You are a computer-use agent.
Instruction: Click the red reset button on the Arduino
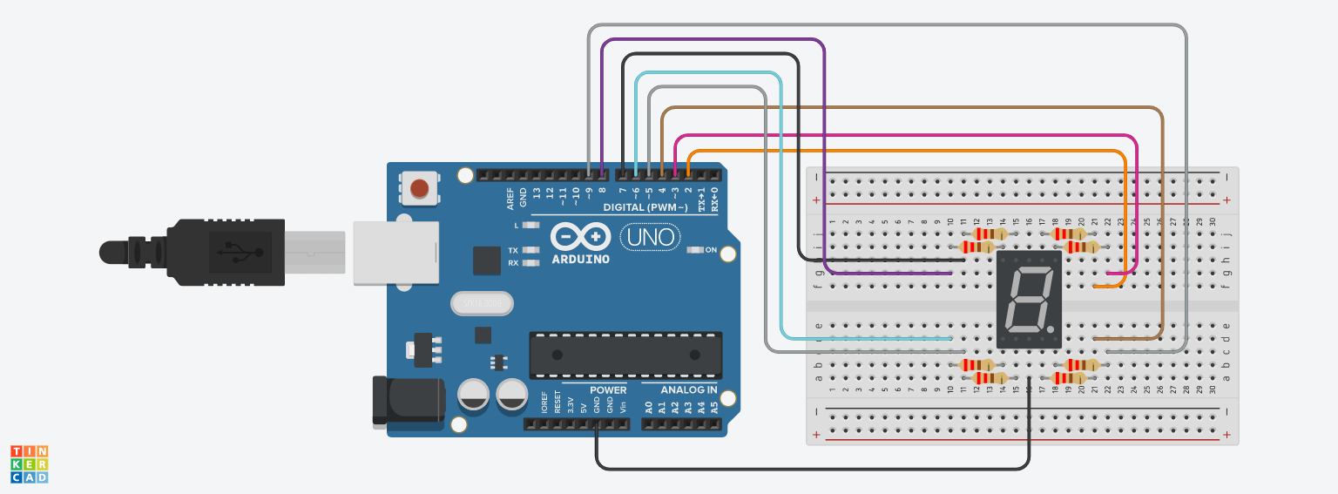(420, 187)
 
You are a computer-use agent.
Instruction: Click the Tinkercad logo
(29, 464)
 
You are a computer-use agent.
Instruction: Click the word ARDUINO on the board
(581, 259)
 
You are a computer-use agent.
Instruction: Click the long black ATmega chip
(625, 355)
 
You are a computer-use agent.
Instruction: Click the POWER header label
(607, 390)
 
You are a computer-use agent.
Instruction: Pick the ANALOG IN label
(688, 390)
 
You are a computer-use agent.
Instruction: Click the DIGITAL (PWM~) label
(645, 207)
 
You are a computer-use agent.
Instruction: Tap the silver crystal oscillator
(482, 303)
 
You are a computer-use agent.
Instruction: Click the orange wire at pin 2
(906, 152)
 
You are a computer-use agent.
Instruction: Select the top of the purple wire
(714, 40)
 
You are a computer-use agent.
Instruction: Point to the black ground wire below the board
(810, 469)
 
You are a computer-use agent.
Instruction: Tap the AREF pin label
(510, 199)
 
